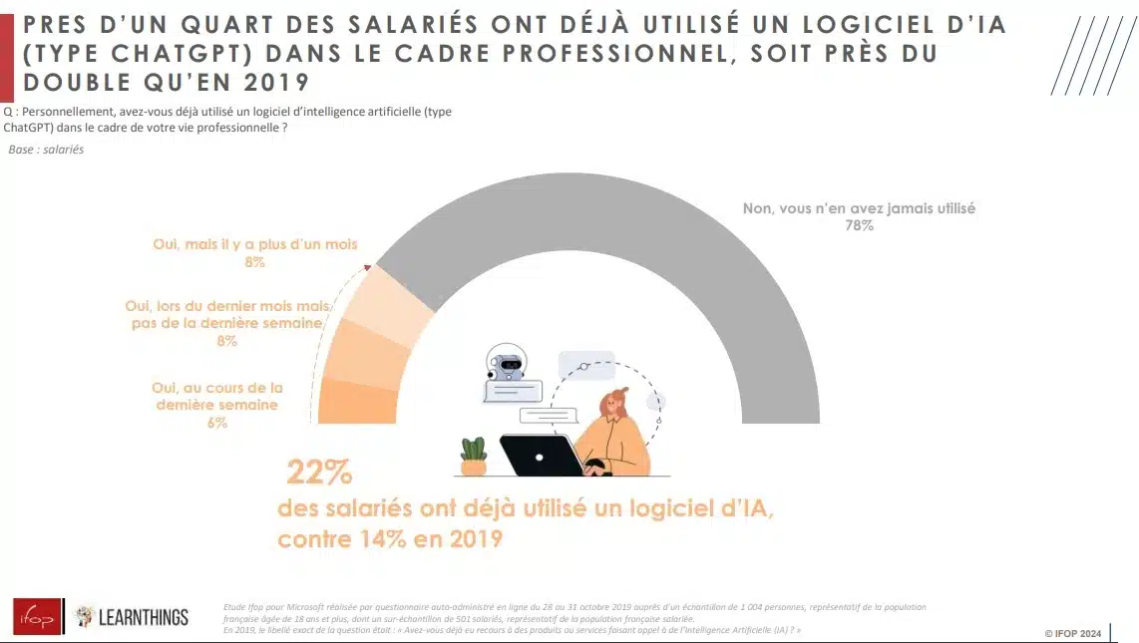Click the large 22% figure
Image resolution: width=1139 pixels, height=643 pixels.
[x=319, y=472]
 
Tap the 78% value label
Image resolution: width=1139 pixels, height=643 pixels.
[x=858, y=226]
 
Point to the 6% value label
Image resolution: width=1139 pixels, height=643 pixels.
[x=217, y=422]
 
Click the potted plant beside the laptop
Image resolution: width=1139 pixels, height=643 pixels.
[x=473, y=457]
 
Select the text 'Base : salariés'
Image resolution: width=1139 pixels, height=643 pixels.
[x=46, y=150]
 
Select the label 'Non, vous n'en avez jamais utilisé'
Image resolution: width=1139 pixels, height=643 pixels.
[x=859, y=208]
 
